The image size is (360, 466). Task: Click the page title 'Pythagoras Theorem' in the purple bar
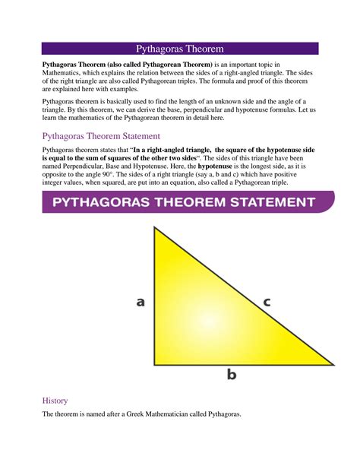pyautogui.click(x=179, y=49)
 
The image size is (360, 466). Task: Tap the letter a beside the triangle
pyautogui.click(x=141, y=302)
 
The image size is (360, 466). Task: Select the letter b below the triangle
pyautogui.click(x=232, y=374)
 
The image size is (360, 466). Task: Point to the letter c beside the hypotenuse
pyautogui.click(x=267, y=302)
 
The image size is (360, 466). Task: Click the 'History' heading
pyautogui.click(x=55, y=400)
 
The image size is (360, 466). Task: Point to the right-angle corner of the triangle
pyautogui.click(x=156, y=363)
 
